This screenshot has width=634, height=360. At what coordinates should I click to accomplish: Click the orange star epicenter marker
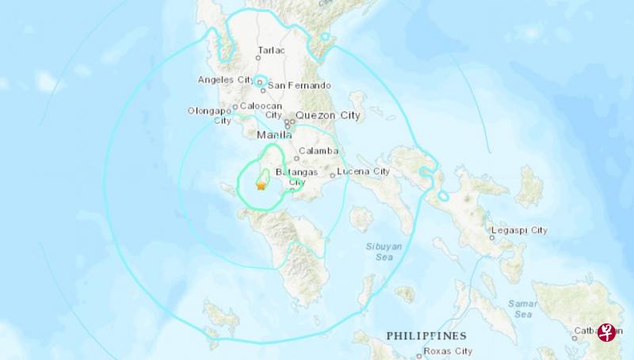261,186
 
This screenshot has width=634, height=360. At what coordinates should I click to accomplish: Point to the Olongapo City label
210,116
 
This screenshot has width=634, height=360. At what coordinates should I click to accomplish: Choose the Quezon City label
327,116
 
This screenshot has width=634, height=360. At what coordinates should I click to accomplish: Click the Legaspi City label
519,230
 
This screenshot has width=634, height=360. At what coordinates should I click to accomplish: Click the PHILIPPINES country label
426,336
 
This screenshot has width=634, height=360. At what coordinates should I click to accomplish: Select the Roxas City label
426,351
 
